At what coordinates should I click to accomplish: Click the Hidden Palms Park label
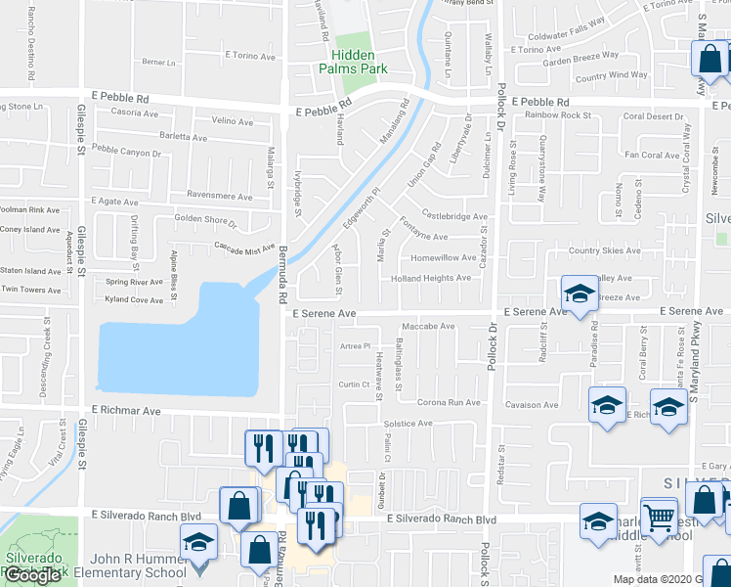pyautogui.click(x=353, y=61)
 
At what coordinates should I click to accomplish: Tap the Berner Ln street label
pyautogui.click(x=157, y=61)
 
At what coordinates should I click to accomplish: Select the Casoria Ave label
pyautogui.click(x=134, y=113)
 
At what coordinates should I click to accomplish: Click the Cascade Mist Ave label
pyautogui.click(x=243, y=249)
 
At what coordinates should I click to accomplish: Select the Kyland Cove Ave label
pyautogui.click(x=134, y=299)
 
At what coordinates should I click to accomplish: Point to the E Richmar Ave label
pyautogui.click(x=126, y=412)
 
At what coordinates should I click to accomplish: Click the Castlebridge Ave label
pyautogui.click(x=454, y=215)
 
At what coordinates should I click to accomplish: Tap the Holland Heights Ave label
pyautogui.click(x=431, y=278)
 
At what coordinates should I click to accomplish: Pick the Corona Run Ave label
pyautogui.click(x=450, y=402)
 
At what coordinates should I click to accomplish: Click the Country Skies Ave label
pyautogui.click(x=605, y=250)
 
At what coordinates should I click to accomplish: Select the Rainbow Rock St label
pyautogui.click(x=559, y=115)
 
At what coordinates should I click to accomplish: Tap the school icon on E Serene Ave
pyautogui.click(x=580, y=293)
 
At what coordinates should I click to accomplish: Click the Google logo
pyautogui.click(x=32, y=575)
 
